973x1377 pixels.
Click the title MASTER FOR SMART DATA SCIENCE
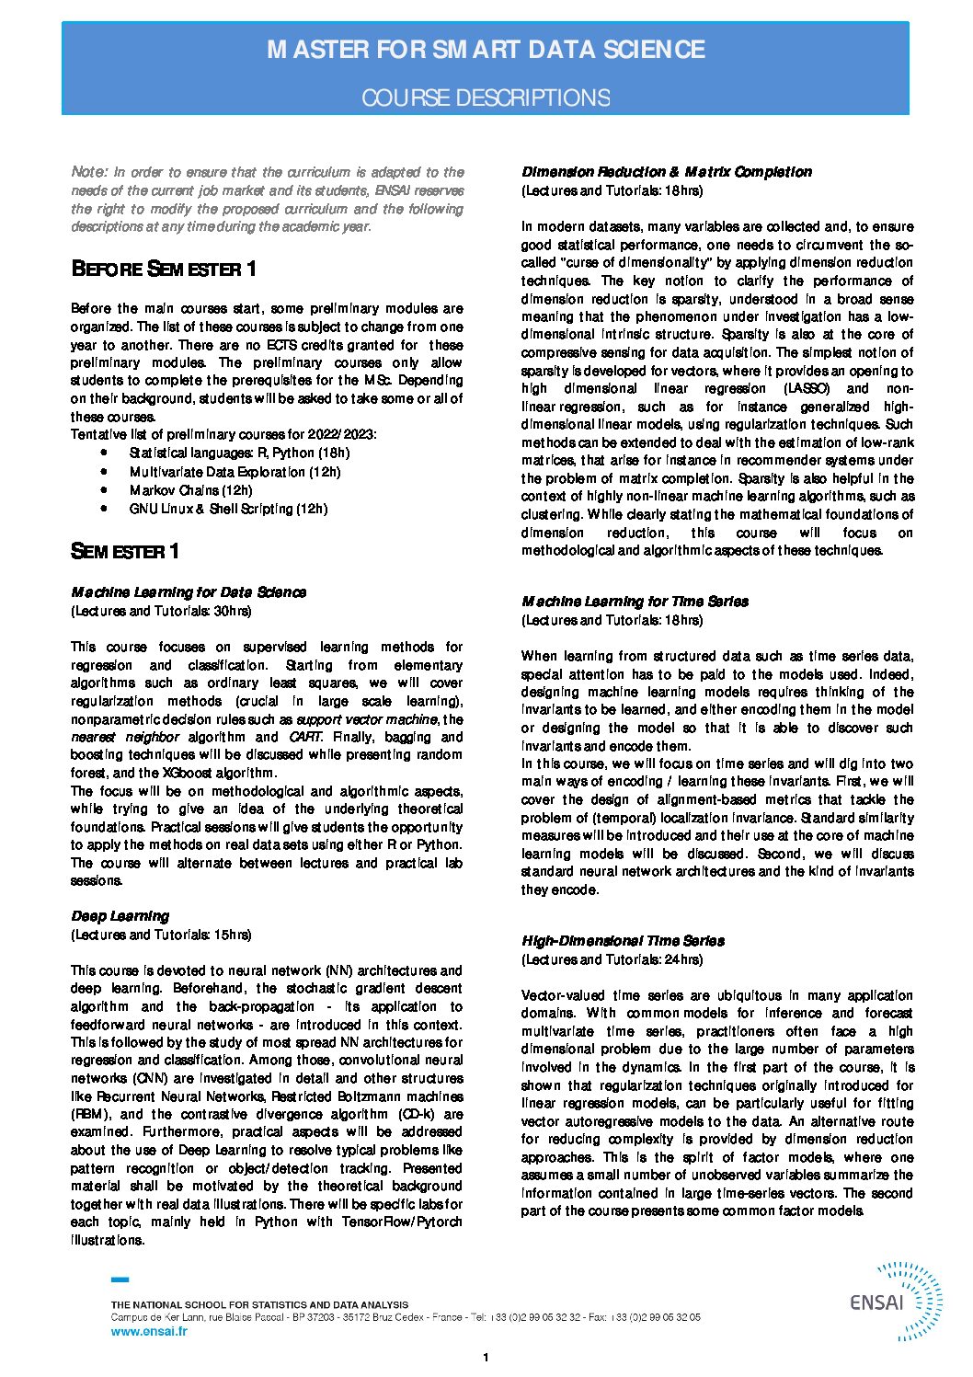coord(486,50)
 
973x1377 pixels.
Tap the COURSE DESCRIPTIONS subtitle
coord(486,98)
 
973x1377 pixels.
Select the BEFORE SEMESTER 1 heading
coord(164,270)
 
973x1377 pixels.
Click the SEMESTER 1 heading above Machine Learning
coord(125,552)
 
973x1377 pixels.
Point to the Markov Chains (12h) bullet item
coord(190,490)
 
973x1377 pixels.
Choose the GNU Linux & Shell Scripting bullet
coord(228,509)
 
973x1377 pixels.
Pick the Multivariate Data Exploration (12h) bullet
coord(235,472)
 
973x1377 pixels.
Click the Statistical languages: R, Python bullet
coord(239,453)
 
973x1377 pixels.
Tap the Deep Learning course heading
coord(120,916)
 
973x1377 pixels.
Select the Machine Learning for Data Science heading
coord(189,592)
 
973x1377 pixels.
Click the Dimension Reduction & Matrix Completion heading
coord(667,172)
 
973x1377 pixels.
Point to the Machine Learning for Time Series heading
coord(635,602)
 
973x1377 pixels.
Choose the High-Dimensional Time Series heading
coord(623,941)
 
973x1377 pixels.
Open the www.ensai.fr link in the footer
coord(148,1331)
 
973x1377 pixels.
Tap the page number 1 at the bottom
coord(486,1358)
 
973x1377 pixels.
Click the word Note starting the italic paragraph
coord(89,172)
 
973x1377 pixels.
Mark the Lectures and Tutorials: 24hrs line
coord(612,959)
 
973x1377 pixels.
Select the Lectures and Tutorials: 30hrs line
coord(161,611)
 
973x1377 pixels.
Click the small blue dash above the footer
coord(120,1279)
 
